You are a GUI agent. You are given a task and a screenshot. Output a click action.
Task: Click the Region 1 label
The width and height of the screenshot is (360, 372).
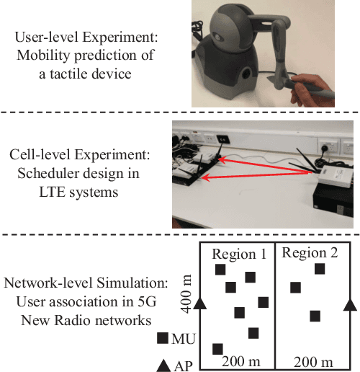pyautogui.click(x=236, y=254)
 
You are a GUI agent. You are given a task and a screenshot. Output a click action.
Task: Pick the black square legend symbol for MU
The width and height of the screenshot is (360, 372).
pyautogui.click(x=163, y=337)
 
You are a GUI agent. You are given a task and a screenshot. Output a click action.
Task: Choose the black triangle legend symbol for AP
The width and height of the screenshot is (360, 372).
pyautogui.click(x=163, y=366)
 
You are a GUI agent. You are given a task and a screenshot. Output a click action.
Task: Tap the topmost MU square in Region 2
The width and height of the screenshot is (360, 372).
pyautogui.click(x=319, y=270)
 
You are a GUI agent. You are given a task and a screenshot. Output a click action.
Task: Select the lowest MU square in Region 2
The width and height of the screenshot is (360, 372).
pyautogui.click(x=315, y=316)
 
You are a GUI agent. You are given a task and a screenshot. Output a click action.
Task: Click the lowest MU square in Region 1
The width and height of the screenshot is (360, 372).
pyautogui.click(x=217, y=349)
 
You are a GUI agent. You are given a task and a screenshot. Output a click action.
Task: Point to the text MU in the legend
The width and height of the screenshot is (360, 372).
pyautogui.click(x=183, y=337)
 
